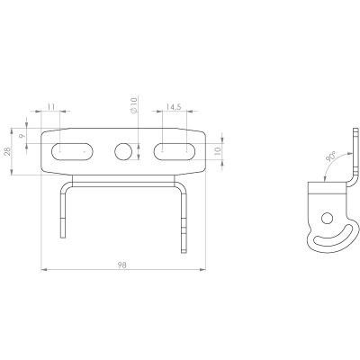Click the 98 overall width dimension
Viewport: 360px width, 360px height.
pyautogui.click(x=121, y=265)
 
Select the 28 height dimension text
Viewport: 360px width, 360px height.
pyautogui.click(x=7, y=151)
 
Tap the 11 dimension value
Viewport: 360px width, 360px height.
pyautogui.click(x=51, y=106)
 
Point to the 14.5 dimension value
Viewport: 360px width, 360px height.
pyautogui.click(x=174, y=107)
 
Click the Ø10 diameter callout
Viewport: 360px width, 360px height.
pyautogui.click(x=134, y=105)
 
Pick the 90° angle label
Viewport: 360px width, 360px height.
pyautogui.click(x=331, y=157)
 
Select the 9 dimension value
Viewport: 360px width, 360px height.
pyautogui.click(x=22, y=136)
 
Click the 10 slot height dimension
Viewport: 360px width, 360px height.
pyautogui.click(x=218, y=150)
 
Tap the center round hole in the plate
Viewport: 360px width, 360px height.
pyautogui.click(x=123, y=151)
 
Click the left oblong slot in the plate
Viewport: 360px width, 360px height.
pyautogui.click(x=72, y=151)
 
